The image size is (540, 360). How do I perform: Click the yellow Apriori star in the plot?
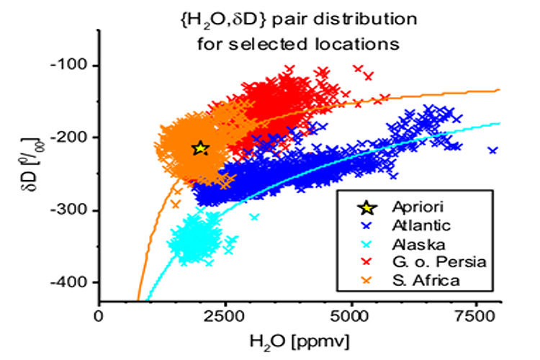[x=200, y=148]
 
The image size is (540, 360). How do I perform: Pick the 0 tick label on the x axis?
[x=99, y=315]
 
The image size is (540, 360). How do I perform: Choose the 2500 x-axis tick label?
[x=227, y=315]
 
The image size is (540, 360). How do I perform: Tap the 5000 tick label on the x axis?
[x=353, y=315]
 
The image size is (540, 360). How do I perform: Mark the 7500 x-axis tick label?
[x=479, y=315]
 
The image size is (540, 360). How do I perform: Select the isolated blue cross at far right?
[x=492, y=150]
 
